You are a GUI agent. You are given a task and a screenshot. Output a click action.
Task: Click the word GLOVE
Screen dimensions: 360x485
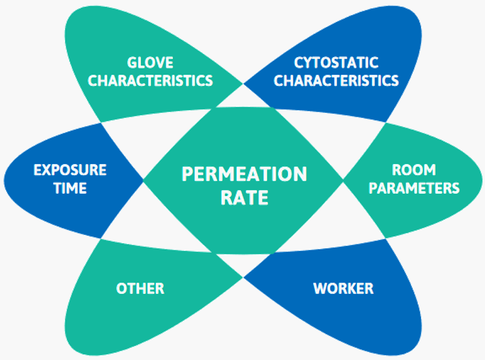pos(150,62)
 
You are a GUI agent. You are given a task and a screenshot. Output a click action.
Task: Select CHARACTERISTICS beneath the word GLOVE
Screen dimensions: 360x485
pos(150,80)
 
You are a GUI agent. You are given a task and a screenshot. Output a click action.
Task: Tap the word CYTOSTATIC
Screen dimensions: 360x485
pos(336,62)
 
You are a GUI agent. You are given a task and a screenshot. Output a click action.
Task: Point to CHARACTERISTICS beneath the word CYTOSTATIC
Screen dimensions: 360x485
pos(336,80)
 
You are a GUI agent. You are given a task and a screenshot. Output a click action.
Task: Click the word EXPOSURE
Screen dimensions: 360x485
pos(70,170)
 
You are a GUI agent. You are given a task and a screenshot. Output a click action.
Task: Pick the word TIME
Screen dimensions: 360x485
pos(70,188)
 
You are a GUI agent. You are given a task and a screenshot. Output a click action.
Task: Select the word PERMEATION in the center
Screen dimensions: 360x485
pos(244,174)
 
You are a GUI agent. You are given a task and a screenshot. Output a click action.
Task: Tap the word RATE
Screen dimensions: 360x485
pos(244,198)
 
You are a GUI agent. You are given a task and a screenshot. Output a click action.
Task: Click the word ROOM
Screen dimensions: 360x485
pos(414,170)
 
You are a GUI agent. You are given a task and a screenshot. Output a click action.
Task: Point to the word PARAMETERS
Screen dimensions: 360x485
pos(414,188)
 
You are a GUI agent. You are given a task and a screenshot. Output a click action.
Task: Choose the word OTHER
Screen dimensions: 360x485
pos(140,289)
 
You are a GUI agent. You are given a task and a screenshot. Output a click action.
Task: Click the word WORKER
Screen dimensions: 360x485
pos(343,289)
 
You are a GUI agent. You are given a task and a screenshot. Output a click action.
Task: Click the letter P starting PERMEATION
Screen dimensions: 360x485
pos(187,174)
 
